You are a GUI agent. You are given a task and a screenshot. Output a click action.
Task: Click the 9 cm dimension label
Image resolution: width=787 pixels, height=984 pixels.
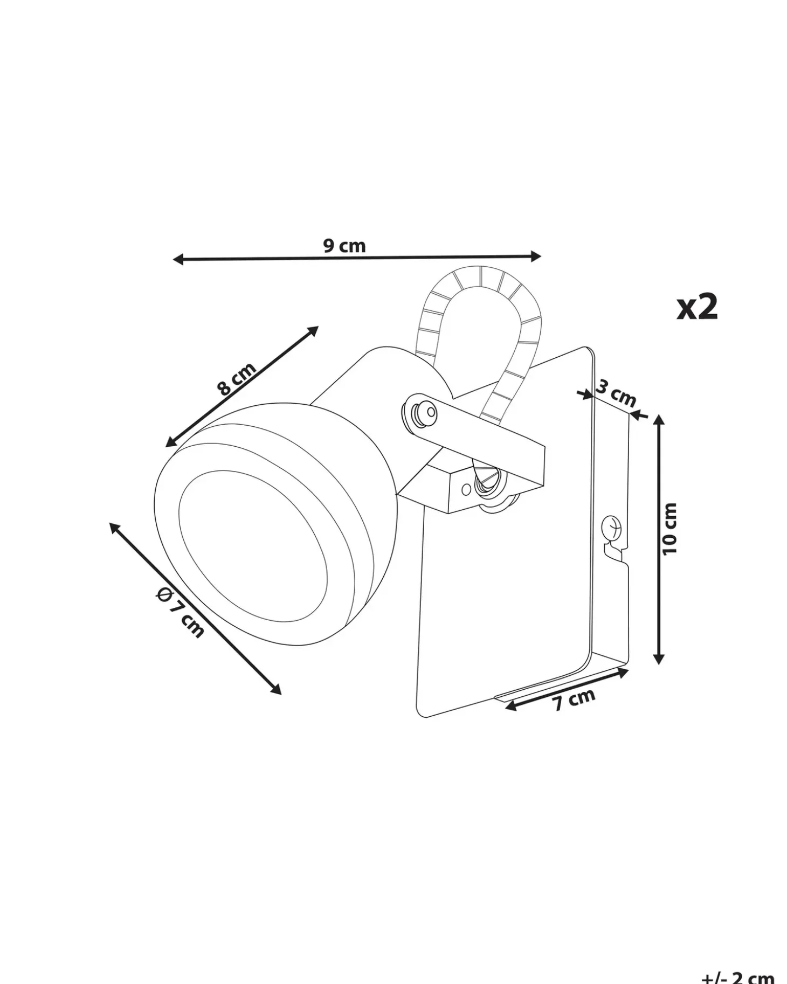coord(344,246)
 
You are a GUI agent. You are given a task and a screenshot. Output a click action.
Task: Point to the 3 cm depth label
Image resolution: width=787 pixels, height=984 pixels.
coord(616,393)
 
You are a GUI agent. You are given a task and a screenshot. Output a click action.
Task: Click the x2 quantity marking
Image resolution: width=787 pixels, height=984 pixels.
coord(697,308)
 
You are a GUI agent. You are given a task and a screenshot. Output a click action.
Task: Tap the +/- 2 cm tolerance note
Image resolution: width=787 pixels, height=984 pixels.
coord(738,976)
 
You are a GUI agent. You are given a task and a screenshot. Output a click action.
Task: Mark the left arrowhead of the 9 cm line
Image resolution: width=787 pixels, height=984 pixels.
coord(178,260)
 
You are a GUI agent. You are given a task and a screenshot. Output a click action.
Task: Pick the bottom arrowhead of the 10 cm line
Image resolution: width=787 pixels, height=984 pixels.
coord(658,658)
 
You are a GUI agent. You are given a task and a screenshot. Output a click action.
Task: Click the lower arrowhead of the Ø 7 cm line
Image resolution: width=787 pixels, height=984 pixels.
coord(275,688)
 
